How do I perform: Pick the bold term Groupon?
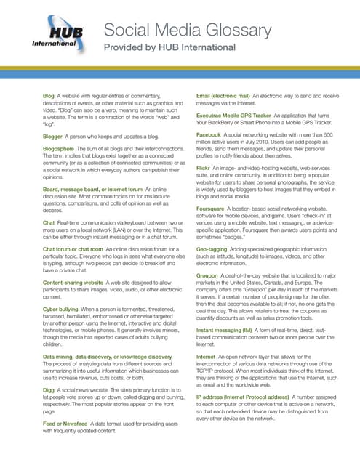pos(212,296)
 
